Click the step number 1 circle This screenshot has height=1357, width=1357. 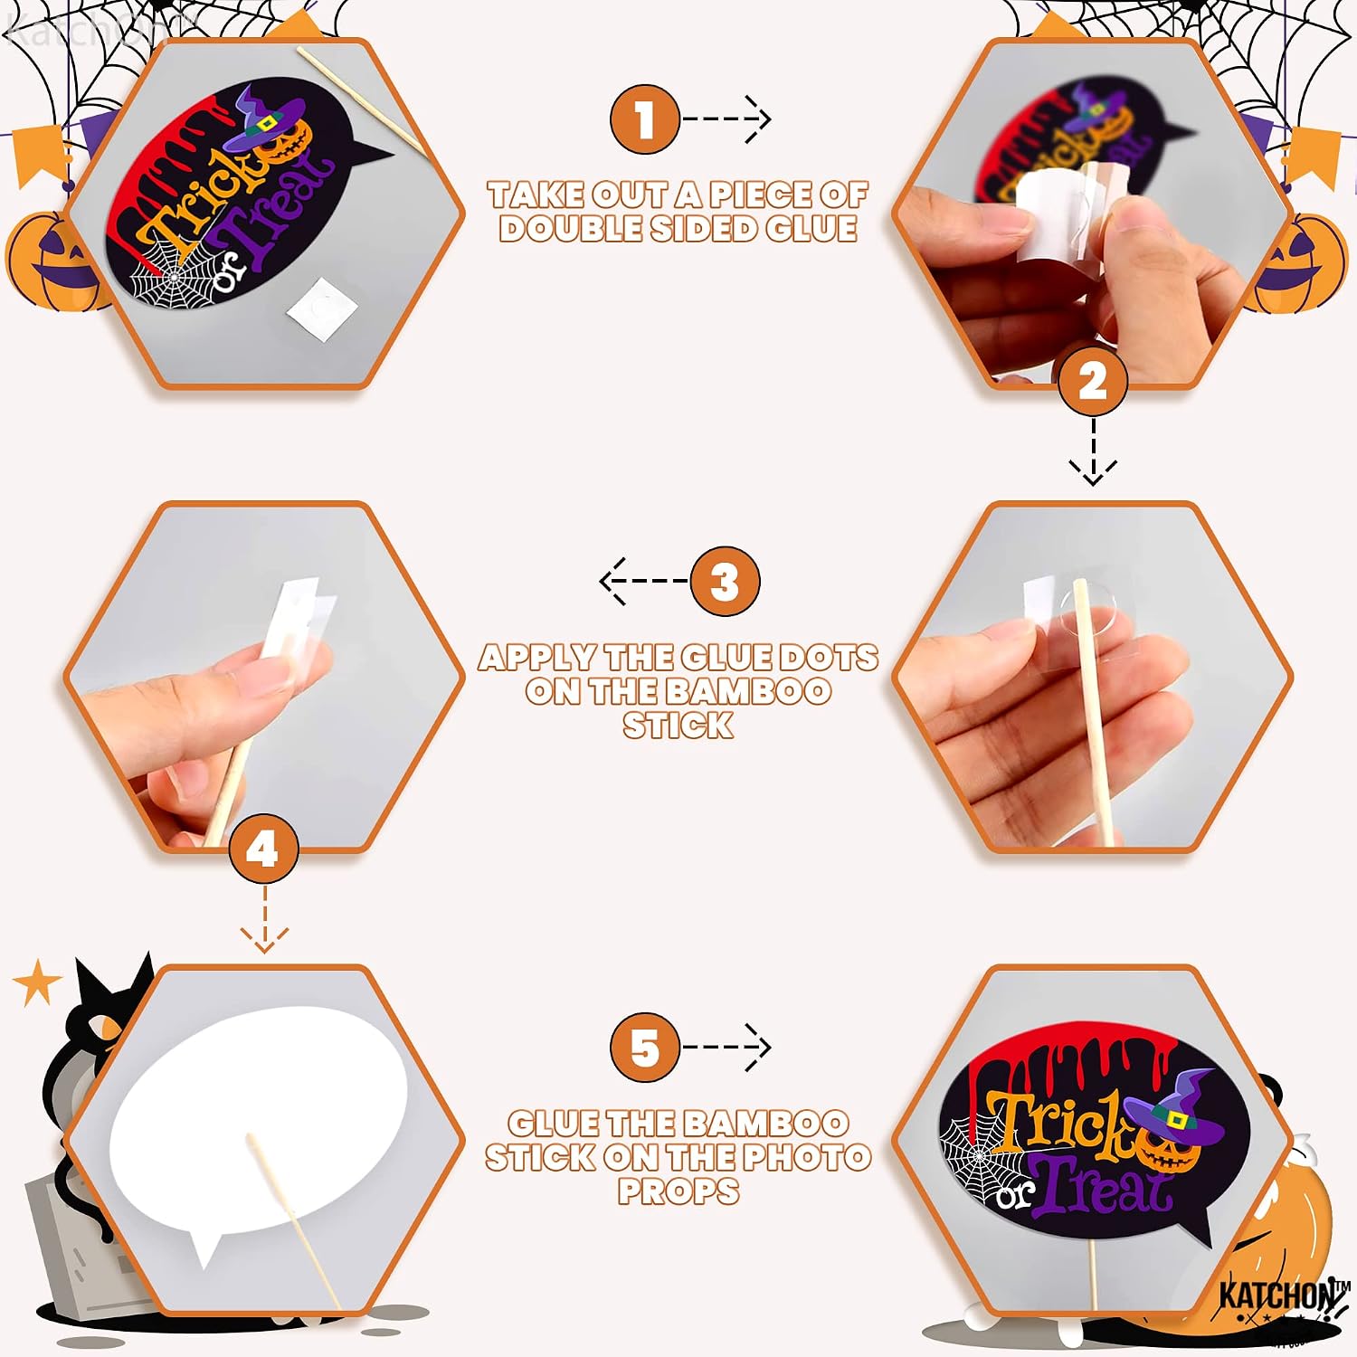(644, 119)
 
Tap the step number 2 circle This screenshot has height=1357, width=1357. (1093, 381)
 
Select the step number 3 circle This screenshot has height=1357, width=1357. (725, 581)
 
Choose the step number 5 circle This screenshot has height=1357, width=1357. (644, 1048)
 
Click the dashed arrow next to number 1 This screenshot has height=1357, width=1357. (726, 119)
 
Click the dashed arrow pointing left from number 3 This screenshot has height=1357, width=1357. (644, 581)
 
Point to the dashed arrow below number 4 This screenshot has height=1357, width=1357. (264, 919)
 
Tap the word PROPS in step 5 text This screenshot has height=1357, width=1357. (678, 1191)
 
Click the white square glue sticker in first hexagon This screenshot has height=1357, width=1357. (322, 308)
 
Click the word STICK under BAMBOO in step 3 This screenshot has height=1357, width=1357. (678, 726)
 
